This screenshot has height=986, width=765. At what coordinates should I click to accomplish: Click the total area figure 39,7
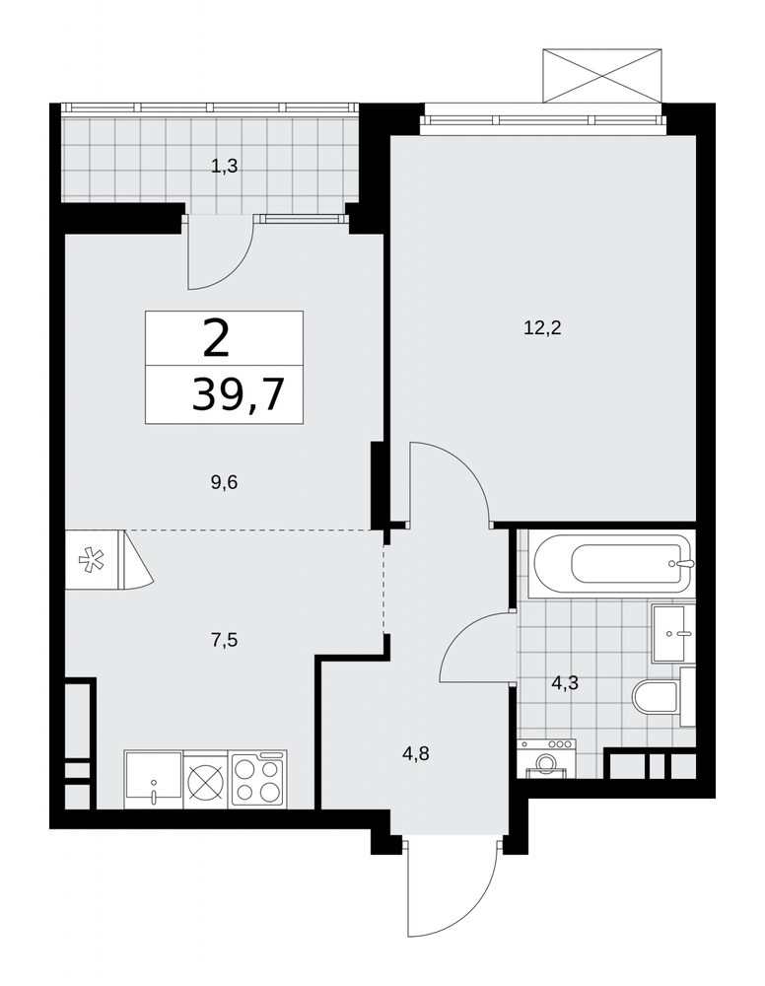(x=238, y=395)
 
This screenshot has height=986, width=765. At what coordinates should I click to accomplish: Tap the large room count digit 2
(x=216, y=338)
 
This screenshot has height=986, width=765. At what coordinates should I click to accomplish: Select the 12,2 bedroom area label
(x=542, y=327)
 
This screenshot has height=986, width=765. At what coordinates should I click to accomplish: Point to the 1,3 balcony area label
(x=225, y=167)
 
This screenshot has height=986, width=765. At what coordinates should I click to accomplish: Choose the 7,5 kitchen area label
(x=225, y=641)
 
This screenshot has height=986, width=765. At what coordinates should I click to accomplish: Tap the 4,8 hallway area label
(x=415, y=753)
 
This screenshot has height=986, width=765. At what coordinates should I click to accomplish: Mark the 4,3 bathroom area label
(x=564, y=682)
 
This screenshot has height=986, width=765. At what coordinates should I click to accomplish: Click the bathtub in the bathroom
(x=611, y=563)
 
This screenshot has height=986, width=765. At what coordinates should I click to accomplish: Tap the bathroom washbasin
(x=672, y=633)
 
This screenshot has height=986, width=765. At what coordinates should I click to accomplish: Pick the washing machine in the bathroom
(x=546, y=758)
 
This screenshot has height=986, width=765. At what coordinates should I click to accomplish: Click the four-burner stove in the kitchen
(x=259, y=779)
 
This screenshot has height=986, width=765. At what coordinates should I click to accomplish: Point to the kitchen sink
(x=154, y=779)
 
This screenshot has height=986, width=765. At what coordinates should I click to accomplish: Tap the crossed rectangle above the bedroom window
(x=602, y=75)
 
